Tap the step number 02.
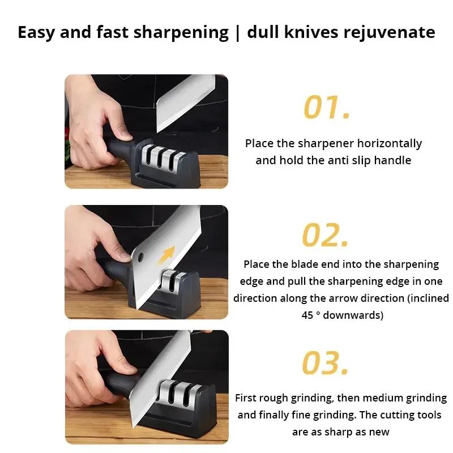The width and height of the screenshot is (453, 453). [x=325, y=235]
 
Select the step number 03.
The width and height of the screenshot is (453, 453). [x=324, y=363]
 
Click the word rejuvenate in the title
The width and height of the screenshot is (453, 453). [x=389, y=32]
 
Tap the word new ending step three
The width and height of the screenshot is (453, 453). [x=379, y=432]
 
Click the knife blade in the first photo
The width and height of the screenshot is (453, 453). [x=181, y=102]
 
